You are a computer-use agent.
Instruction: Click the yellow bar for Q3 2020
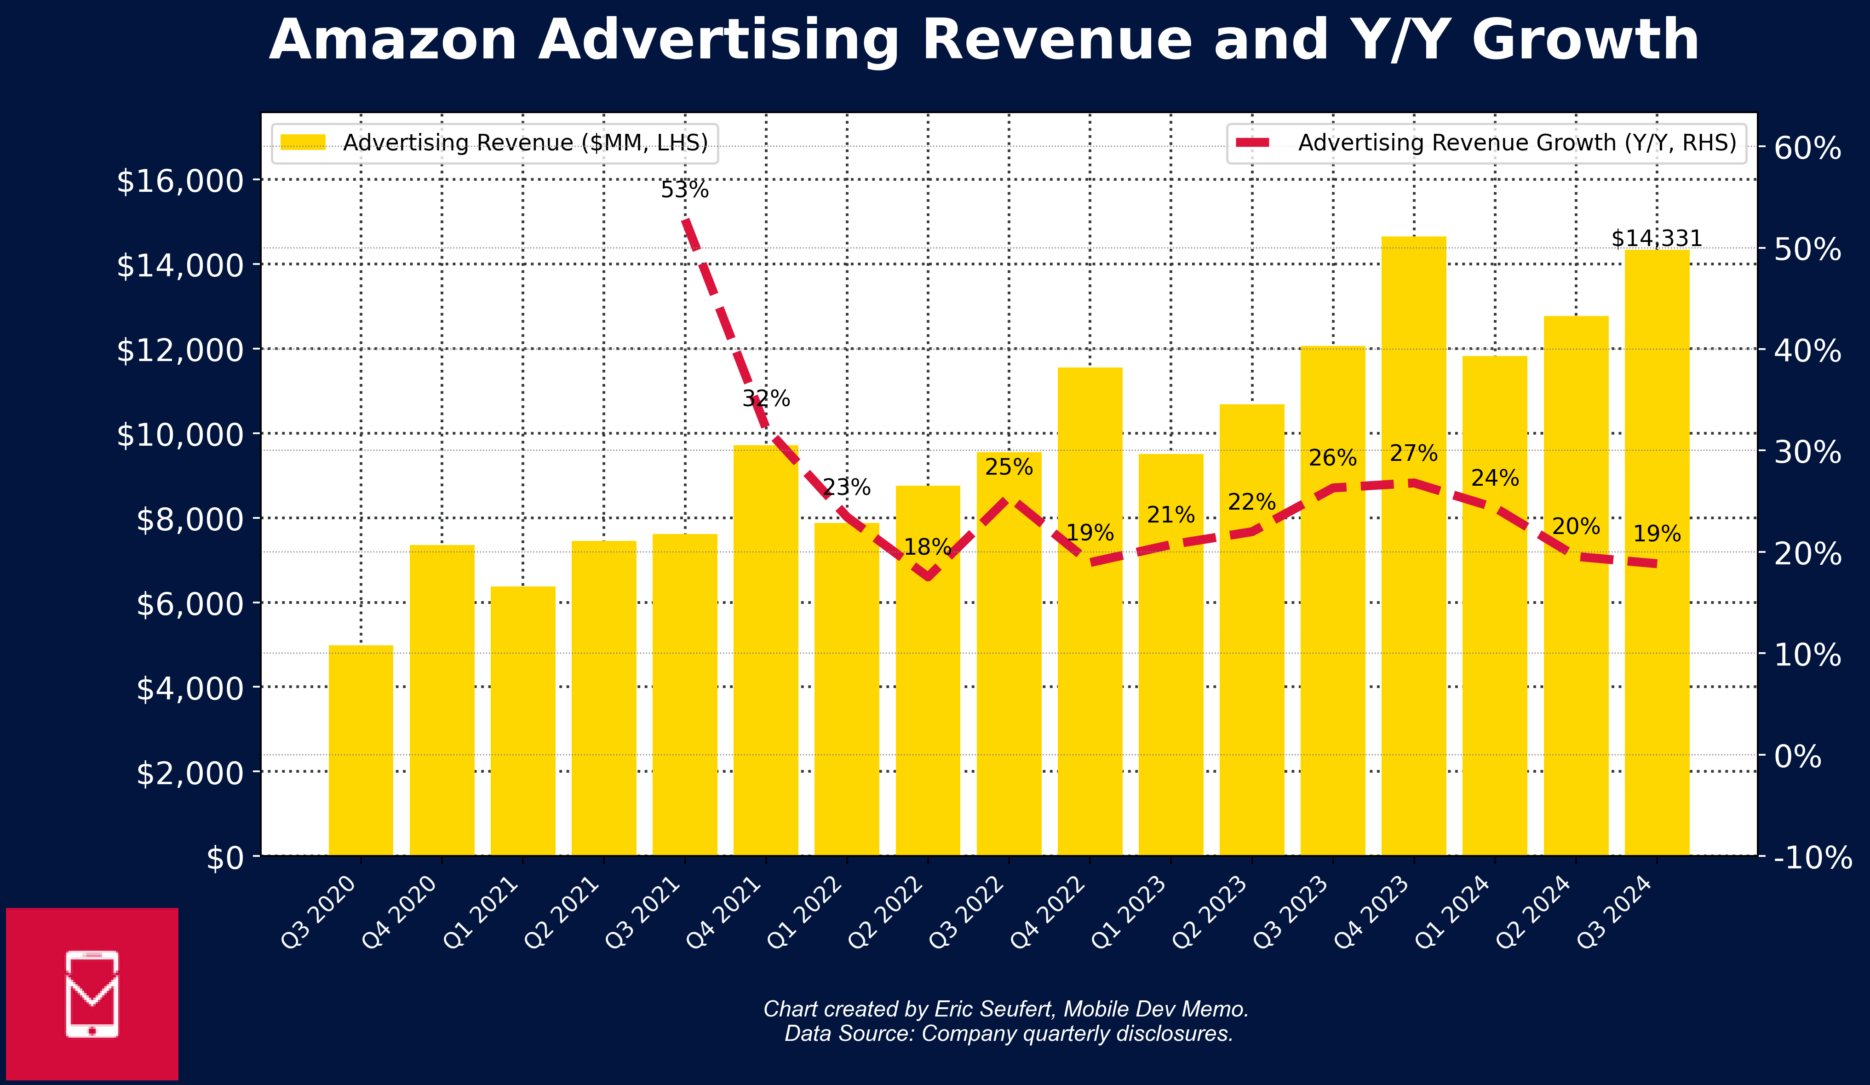click(361, 750)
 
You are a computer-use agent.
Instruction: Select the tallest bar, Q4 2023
click(1414, 546)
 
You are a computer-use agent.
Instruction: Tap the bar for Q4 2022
click(1090, 612)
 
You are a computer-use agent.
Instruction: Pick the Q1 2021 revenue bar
click(523, 721)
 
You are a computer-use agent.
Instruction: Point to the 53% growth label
click(685, 190)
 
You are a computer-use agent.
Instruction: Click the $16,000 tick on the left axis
click(180, 180)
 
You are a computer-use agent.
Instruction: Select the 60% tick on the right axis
click(1807, 149)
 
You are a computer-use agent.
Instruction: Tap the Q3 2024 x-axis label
click(1615, 913)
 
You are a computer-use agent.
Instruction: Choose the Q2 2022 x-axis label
click(886, 913)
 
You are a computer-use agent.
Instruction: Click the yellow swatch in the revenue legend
click(303, 143)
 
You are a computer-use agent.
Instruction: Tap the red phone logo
click(92, 994)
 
